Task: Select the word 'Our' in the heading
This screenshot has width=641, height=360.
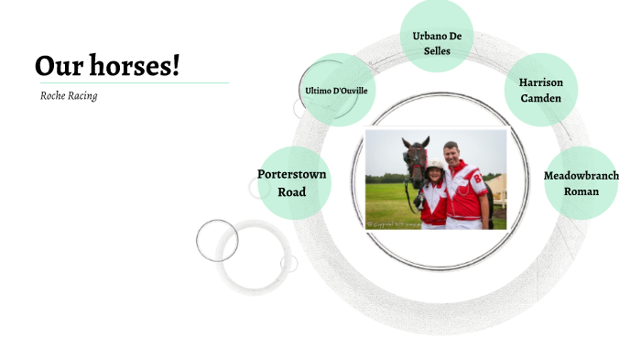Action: [x=54, y=66]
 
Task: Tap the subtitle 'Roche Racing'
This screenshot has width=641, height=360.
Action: [x=69, y=95]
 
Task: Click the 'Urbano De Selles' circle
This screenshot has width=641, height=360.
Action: [x=437, y=36]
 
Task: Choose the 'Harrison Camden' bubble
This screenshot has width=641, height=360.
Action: [x=541, y=89]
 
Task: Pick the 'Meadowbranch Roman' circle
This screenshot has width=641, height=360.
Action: [x=581, y=182]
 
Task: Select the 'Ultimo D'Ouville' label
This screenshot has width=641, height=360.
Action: [x=336, y=90]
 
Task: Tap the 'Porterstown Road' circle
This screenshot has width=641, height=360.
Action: [x=292, y=182]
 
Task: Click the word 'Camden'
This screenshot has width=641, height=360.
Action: [x=541, y=98]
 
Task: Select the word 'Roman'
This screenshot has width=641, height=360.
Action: [x=581, y=191]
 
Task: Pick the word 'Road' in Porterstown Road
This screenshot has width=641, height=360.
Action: [x=292, y=191]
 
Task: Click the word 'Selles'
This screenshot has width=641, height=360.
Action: [x=437, y=51]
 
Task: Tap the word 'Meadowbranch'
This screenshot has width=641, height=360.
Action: [x=581, y=175]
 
